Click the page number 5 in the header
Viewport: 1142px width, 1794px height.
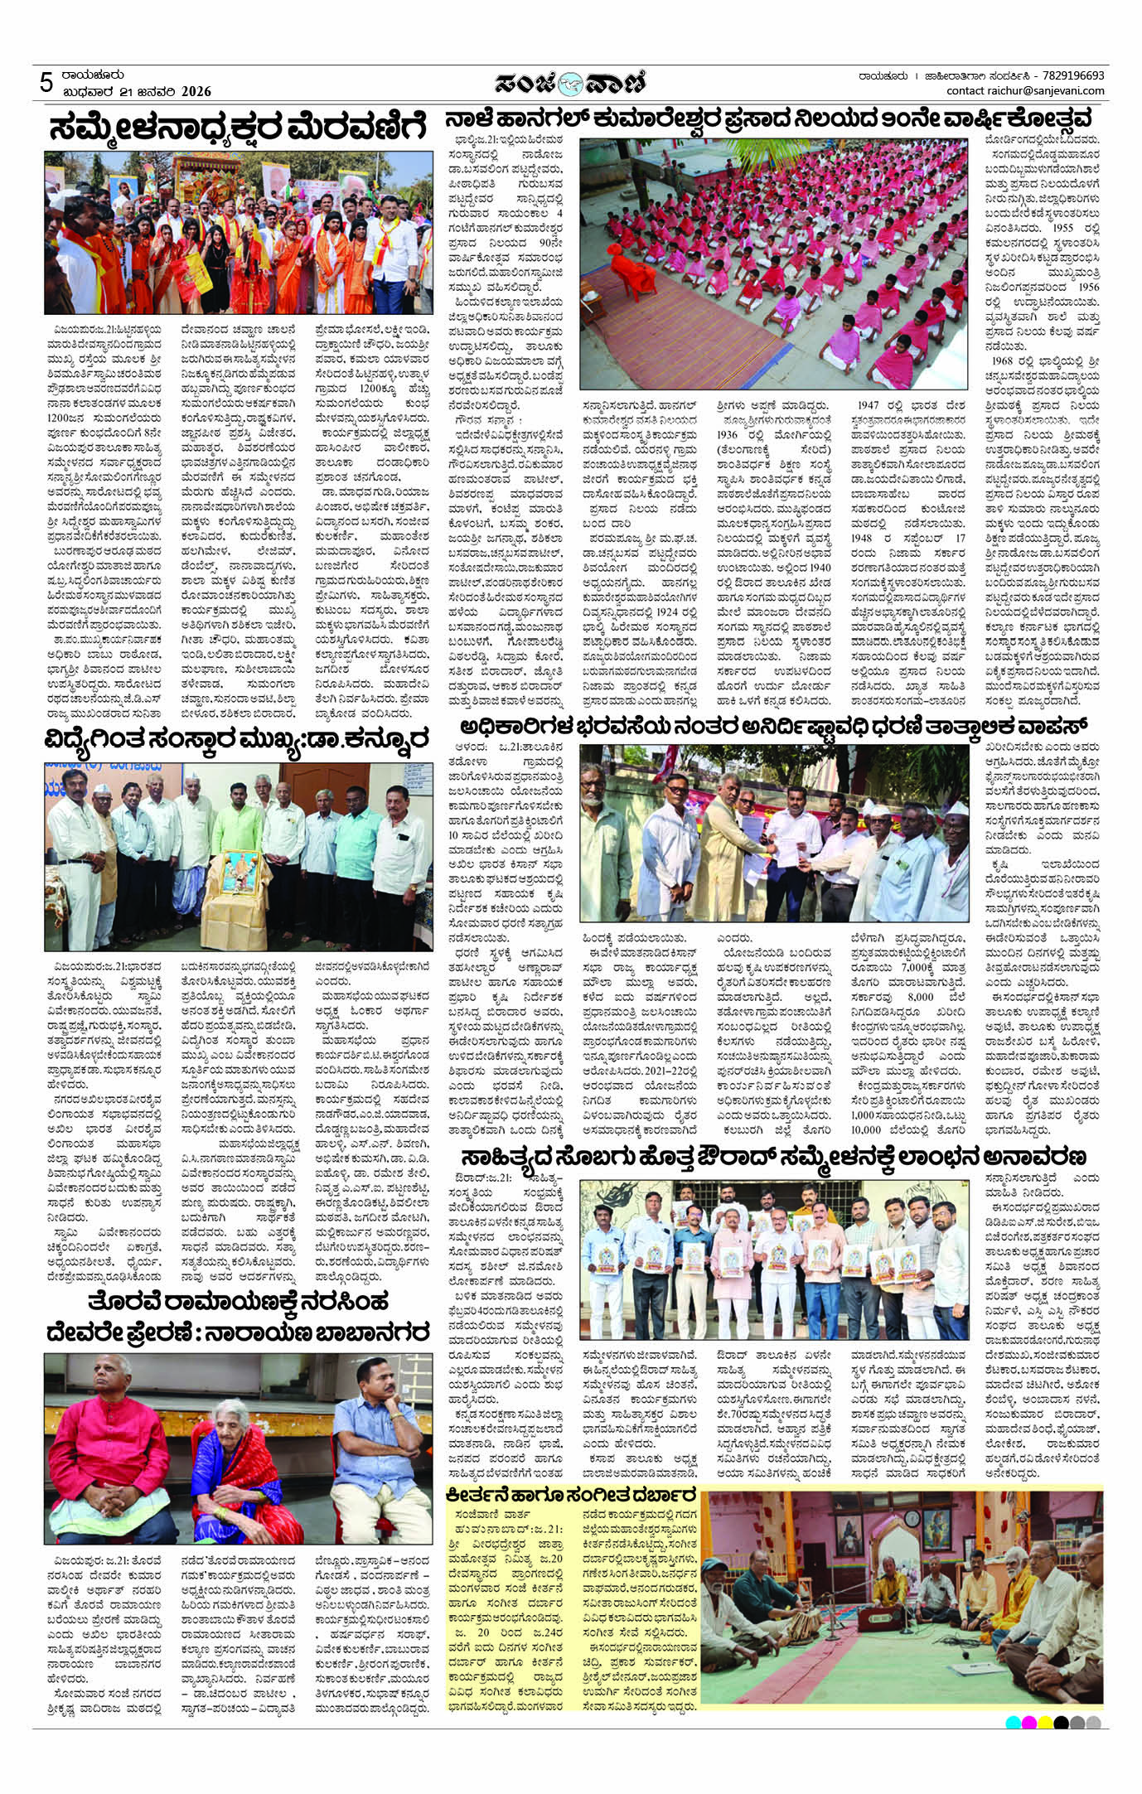46,82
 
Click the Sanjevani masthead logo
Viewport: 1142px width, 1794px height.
570,83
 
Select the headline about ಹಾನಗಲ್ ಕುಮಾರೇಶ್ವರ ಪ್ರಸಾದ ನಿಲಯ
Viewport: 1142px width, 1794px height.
772,117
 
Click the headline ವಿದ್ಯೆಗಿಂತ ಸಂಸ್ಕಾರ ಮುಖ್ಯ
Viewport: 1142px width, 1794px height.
239,735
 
